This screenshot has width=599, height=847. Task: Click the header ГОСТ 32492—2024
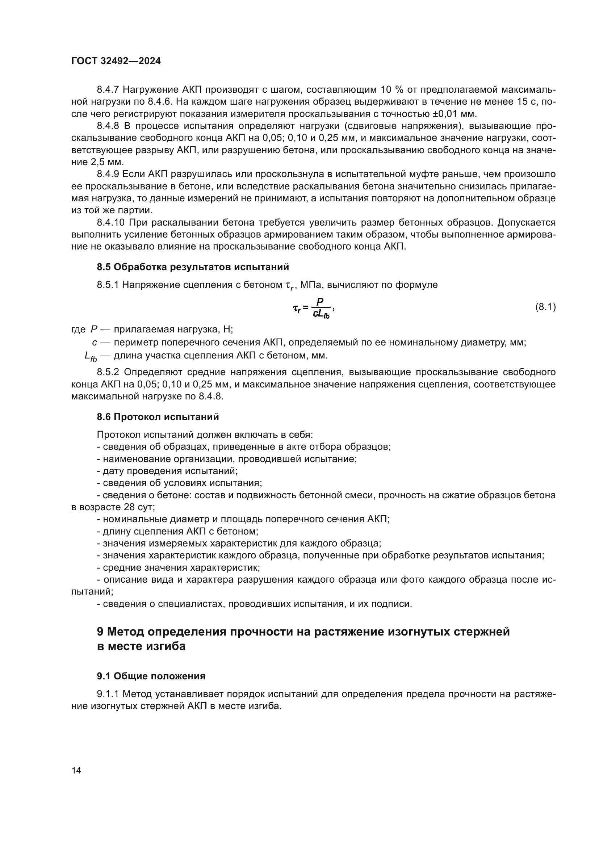pyautogui.click(x=116, y=61)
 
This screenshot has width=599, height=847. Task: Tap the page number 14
pyautogui.click(x=76, y=771)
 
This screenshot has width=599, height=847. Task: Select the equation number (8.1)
pyautogui.click(x=545, y=307)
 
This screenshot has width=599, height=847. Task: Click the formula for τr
pyautogui.click(x=313, y=308)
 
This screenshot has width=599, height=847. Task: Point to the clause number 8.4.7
pyautogui.click(x=108, y=90)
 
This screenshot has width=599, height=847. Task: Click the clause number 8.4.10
pyautogui.click(x=111, y=223)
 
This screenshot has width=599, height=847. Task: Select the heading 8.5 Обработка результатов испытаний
pyautogui.click(x=193, y=267)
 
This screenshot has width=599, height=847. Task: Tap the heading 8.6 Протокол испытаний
pyautogui.click(x=158, y=417)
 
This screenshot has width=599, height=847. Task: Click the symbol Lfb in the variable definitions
pyautogui.click(x=91, y=356)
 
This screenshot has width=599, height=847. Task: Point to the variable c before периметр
pyautogui.click(x=95, y=343)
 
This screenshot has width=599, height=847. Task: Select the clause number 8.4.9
pyautogui.click(x=108, y=174)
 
